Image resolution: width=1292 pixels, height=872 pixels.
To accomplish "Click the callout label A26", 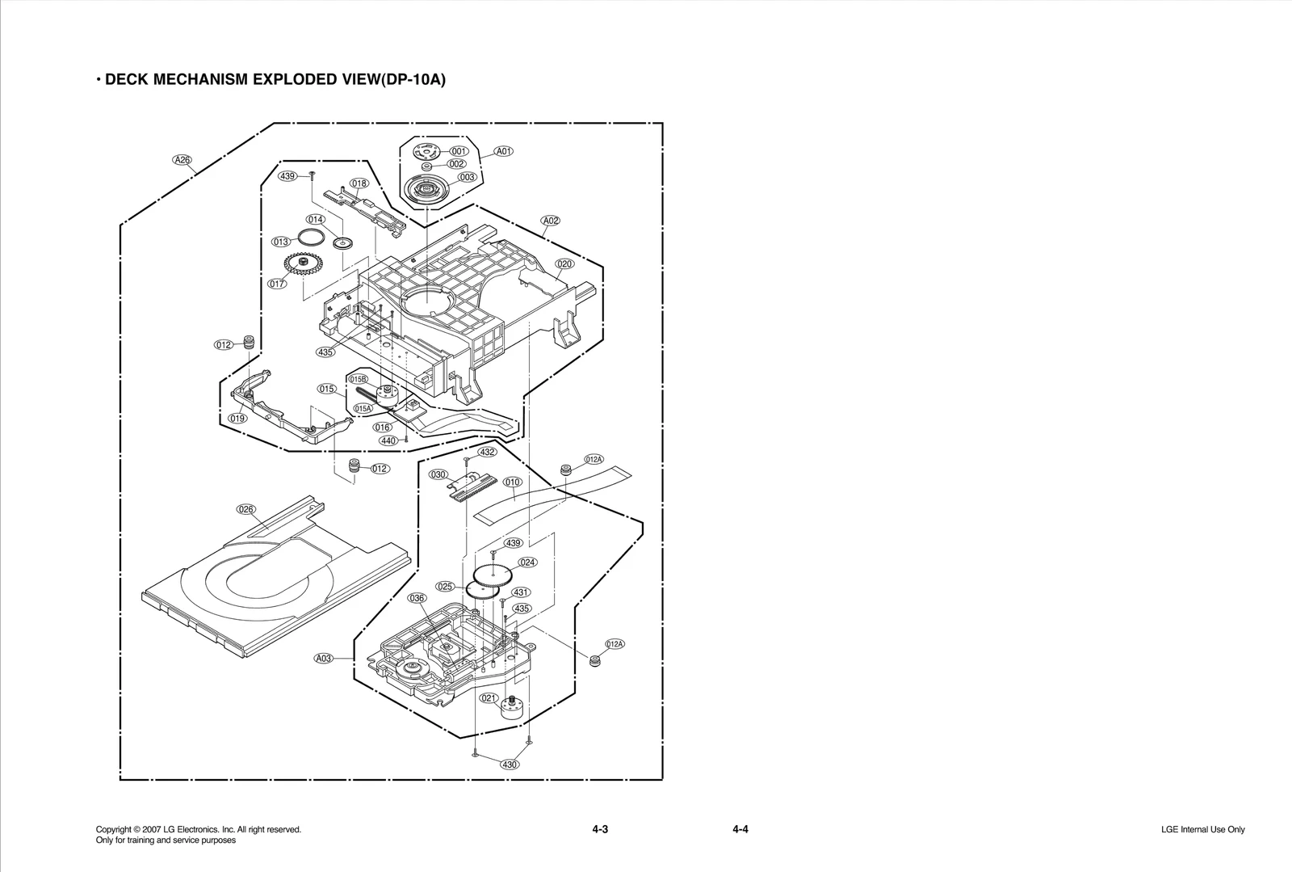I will (183, 160).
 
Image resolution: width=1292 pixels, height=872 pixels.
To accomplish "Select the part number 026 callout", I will (246, 509).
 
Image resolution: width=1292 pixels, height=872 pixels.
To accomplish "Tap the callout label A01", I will (504, 151).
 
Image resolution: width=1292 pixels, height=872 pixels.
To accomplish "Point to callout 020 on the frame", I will (564, 264).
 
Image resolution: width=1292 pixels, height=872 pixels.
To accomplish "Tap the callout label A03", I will (323, 658).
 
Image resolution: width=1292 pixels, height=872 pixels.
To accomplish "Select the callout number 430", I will (510, 765).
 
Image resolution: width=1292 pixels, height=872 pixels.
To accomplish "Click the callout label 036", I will (417, 598).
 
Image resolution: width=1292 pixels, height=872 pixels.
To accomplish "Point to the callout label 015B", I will (358, 379).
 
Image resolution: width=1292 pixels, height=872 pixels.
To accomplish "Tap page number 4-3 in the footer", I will (599, 829).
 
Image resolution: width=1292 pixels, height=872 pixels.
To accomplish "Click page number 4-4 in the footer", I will (740, 829).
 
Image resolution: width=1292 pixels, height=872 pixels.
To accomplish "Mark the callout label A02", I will (551, 221).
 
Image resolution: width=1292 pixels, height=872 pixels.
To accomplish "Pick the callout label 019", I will (237, 419).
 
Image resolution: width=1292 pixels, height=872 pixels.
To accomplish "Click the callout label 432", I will (487, 452).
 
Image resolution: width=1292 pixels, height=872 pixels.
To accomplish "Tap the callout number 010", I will (513, 482).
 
